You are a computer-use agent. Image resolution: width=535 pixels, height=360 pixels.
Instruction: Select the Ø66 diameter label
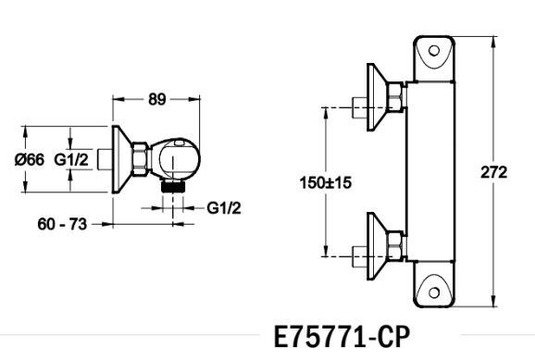click(29, 159)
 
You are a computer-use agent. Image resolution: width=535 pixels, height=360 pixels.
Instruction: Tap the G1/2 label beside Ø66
click(71, 159)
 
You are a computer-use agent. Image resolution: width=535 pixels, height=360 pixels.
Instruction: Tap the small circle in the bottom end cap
click(433, 293)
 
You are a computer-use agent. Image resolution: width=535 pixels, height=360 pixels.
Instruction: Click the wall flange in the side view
click(119, 158)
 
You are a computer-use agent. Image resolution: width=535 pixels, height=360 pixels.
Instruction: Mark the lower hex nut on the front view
click(395, 242)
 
